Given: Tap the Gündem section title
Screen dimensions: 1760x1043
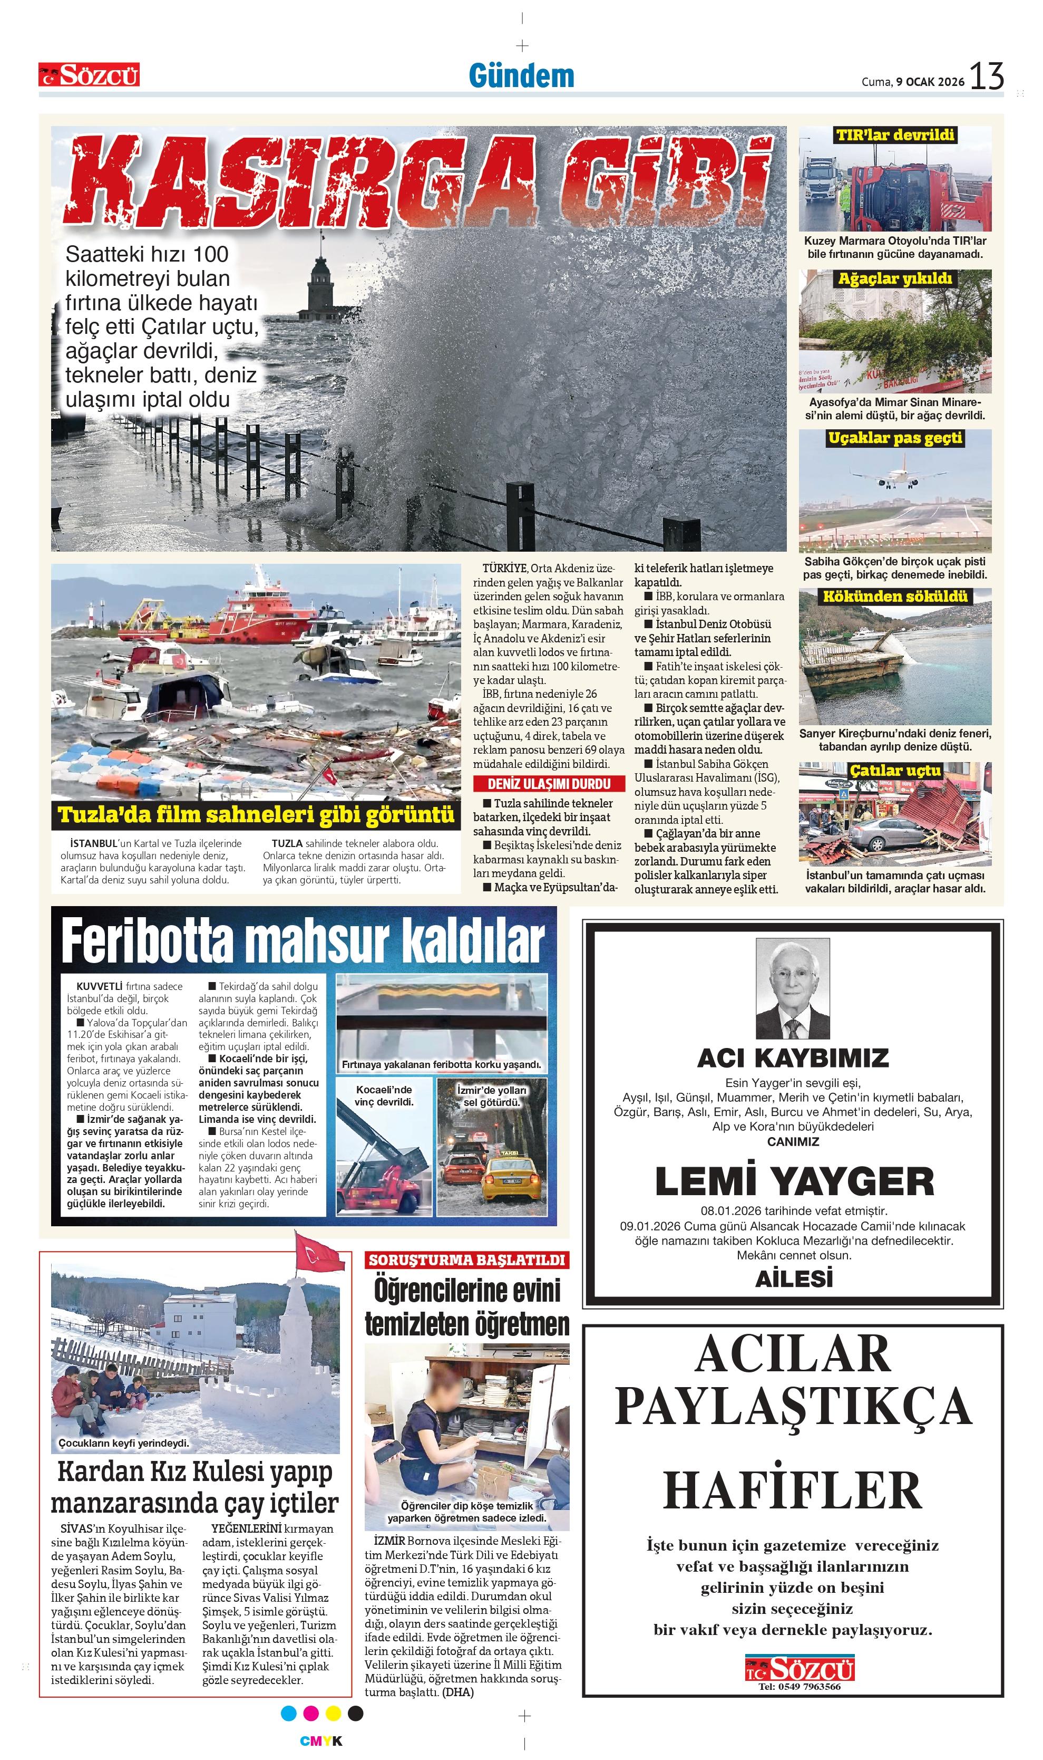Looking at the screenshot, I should tap(522, 76).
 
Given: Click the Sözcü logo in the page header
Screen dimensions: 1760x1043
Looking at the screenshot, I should tap(89, 74).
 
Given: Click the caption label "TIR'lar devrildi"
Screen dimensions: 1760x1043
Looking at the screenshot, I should tap(895, 135).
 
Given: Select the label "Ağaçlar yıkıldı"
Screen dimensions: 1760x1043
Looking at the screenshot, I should tap(895, 278).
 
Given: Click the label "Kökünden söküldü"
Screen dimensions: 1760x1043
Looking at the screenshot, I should tap(895, 597).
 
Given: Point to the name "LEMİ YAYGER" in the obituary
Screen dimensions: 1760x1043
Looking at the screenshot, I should tap(794, 1181).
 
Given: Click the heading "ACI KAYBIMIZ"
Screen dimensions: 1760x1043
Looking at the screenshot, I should tap(793, 1057).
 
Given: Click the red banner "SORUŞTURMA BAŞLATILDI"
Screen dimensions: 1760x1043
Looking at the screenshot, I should tap(466, 1259).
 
